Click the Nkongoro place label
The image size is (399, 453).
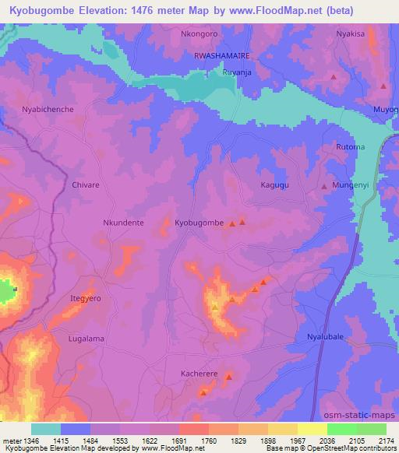click(201, 35)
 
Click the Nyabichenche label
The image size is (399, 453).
click(48, 110)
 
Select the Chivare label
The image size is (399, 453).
click(86, 185)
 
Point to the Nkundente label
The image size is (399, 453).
click(123, 223)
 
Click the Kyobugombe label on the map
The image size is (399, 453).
click(199, 223)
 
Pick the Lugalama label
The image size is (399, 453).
click(87, 339)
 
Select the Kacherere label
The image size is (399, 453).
click(201, 374)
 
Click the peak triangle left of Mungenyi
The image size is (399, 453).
click(324, 188)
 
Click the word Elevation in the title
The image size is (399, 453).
click(97, 11)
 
